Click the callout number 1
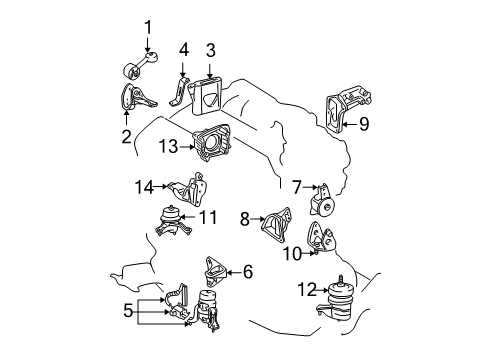point(148,26)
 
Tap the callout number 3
point(211,48)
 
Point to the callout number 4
point(183,48)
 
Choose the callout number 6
point(248,270)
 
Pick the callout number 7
point(296,186)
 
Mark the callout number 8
point(243,217)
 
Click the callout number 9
point(364,125)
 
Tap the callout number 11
point(207,216)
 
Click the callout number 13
point(166,146)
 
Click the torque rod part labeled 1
point(138,69)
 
